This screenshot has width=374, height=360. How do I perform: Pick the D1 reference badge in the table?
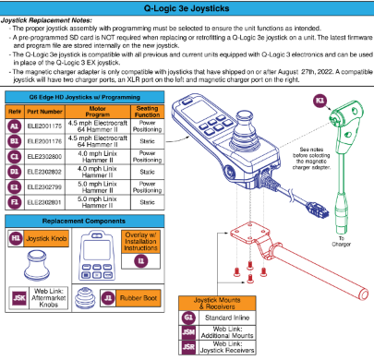coord(15,171)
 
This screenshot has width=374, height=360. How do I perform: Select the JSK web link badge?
coord(16,299)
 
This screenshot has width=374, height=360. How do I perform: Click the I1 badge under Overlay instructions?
coord(140,261)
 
